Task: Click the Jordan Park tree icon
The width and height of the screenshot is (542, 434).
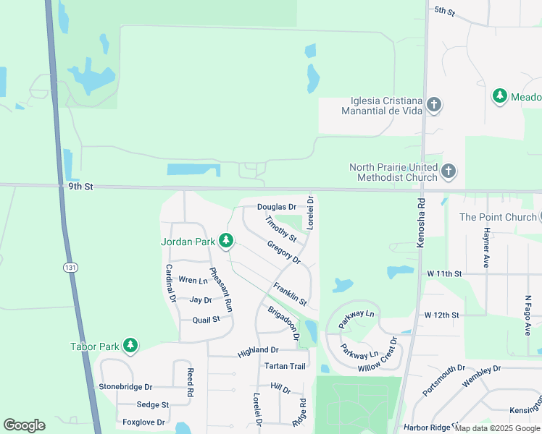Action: pyautogui.click(x=226, y=240)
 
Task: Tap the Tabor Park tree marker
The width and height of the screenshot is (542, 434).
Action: pyautogui.click(x=130, y=346)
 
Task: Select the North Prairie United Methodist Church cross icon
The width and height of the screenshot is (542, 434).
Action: pyautogui.click(x=449, y=171)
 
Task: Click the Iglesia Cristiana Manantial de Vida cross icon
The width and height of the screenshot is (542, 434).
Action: pyautogui.click(x=434, y=105)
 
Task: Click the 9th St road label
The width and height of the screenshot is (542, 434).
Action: pyautogui.click(x=81, y=186)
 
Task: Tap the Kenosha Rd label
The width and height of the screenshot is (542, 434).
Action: pyautogui.click(x=420, y=225)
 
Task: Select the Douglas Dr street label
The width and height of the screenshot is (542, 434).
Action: pyautogui.click(x=277, y=208)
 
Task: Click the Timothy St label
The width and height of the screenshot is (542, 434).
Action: pyautogui.click(x=281, y=229)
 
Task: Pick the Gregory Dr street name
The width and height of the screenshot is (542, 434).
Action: pyautogui.click(x=283, y=252)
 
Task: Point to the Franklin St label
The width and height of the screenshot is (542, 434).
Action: pyautogui.click(x=290, y=293)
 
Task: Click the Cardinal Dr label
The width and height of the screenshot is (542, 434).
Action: pyautogui.click(x=171, y=283)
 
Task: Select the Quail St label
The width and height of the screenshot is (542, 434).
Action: pyautogui.click(x=206, y=319)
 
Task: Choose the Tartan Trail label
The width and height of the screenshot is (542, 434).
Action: pyautogui.click(x=285, y=366)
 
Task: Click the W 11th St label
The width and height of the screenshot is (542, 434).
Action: pyautogui.click(x=444, y=274)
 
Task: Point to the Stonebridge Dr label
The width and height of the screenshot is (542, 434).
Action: pyautogui.click(x=126, y=387)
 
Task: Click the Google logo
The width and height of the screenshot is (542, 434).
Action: pyautogui.click(x=24, y=425)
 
